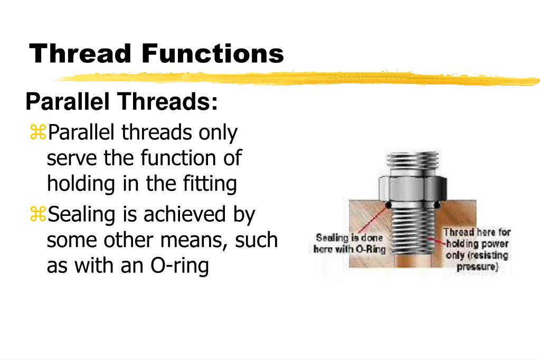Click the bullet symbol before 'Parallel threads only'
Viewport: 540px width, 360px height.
coord(37,133)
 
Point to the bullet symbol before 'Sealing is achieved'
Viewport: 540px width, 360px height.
coord(37,215)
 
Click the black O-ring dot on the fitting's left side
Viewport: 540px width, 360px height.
coord(388,205)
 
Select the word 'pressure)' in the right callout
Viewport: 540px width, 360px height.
coord(477,267)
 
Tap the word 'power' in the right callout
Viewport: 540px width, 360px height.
coord(496,244)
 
